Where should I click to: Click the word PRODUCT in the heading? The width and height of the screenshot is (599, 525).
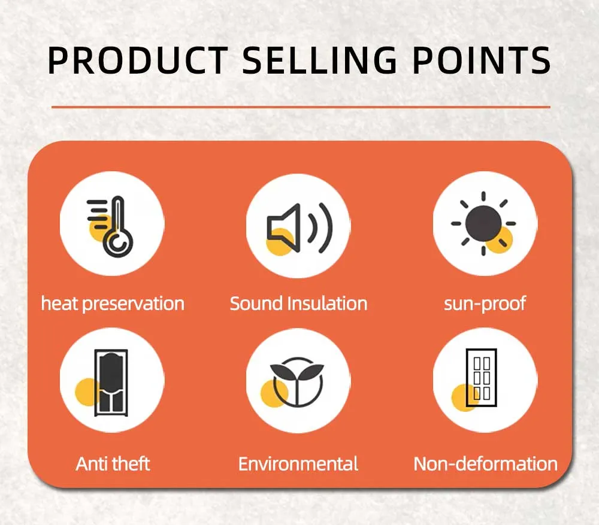point(138,60)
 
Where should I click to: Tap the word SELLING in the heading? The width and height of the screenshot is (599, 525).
point(320,60)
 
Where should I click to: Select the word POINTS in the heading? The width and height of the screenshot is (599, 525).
point(482,60)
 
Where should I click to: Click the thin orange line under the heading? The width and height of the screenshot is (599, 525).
point(301,107)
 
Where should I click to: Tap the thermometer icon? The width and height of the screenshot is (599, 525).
point(111,226)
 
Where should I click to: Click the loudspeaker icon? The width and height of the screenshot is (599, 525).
point(299,228)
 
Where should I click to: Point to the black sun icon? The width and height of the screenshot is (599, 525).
point(483,224)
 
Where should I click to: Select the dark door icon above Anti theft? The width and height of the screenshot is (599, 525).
point(111,382)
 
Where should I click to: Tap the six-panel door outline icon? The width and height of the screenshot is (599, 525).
point(482,377)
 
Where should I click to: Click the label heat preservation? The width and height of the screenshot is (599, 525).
point(113,304)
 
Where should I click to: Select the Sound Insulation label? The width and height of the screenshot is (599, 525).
point(298,304)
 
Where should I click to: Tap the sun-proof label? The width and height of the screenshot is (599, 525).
point(485,304)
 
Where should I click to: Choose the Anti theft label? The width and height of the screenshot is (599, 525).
point(113,463)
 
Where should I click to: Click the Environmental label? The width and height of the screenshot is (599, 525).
point(298,464)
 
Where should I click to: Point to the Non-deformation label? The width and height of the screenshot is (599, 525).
point(486,464)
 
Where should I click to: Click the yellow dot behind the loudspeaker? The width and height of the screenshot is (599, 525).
point(280,242)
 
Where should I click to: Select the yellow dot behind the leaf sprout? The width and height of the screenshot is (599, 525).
point(274,394)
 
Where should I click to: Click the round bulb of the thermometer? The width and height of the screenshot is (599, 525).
point(117,243)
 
